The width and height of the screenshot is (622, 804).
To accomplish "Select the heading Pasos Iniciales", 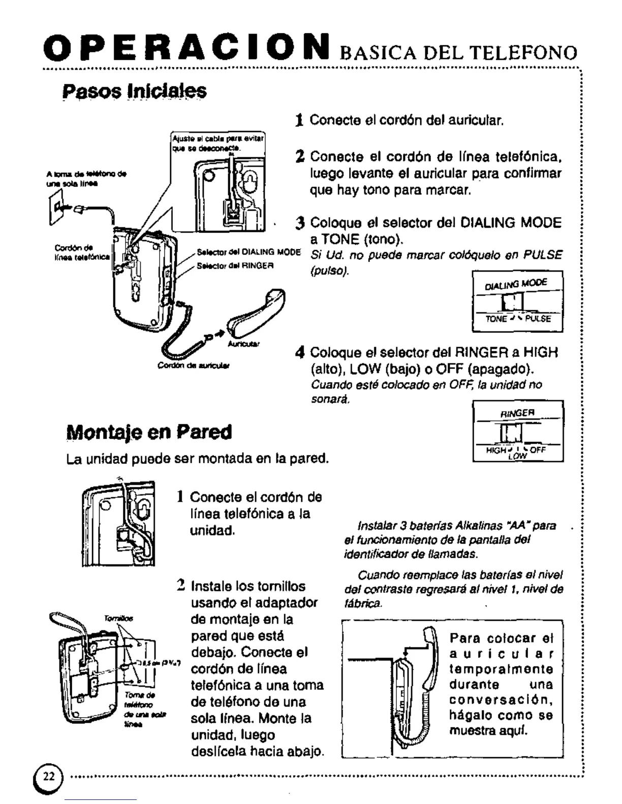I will pyautogui.click(x=134, y=91).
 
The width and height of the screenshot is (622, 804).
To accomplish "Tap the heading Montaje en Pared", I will pyautogui.click(x=149, y=432).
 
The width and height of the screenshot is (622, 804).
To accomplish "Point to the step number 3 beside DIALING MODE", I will pyautogui.click(x=301, y=223).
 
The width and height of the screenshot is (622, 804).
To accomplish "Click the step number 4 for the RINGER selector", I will pyautogui.click(x=301, y=352).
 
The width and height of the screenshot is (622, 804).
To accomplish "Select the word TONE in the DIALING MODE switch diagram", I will pyautogui.click(x=496, y=319).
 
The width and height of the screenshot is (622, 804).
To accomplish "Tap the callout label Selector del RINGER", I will pyautogui.click(x=235, y=265).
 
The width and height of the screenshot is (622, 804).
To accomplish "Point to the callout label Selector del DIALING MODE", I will pyautogui.click(x=248, y=252).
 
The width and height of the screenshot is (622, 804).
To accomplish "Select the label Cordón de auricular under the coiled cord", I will pyautogui.click(x=193, y=365).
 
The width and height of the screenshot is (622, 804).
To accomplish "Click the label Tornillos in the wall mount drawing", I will pyautogui.click(x=118, y=618).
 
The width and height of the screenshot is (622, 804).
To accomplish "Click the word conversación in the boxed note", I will pyautogui.click(x=501, y=700).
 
